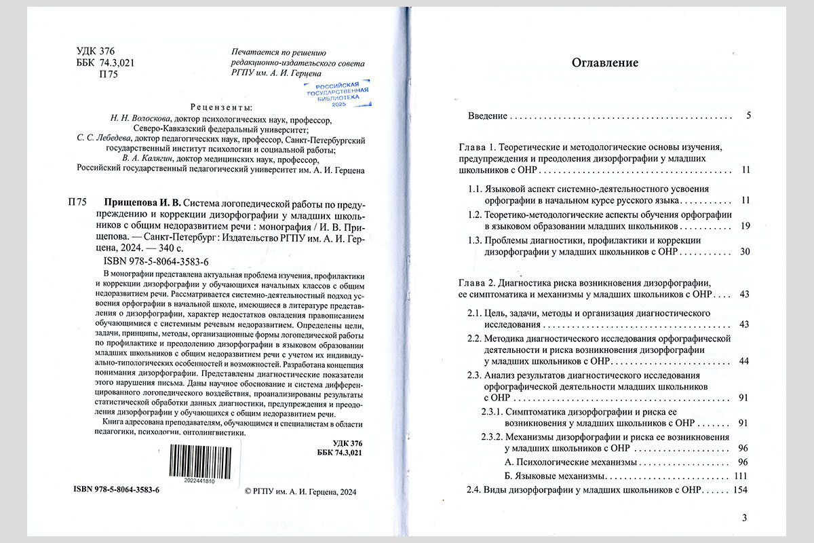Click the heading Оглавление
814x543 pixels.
click(605, 64)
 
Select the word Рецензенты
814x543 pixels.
click(221, 107)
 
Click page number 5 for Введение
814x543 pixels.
click(748, 115)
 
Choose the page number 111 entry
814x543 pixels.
click(740, 475)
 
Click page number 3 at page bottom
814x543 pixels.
click(744, 519)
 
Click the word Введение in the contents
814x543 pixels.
click(488, 116)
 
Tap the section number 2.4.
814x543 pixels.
click(474, 489)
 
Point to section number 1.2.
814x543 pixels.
click(474, 214)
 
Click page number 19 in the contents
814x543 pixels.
click(744, 225)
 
